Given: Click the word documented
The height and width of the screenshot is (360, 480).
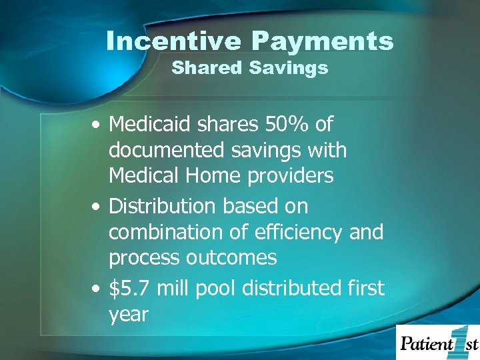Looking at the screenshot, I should tap(166, 151).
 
